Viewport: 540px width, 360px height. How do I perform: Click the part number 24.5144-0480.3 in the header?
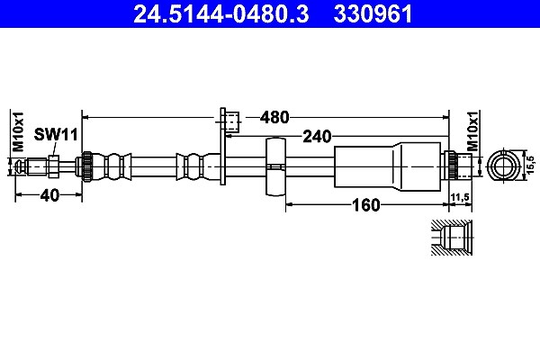(220, 14)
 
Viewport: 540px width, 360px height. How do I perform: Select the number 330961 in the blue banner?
(373, 14)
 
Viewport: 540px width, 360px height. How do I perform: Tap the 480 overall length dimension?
(274, 118)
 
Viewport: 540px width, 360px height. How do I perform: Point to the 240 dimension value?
(317, 137)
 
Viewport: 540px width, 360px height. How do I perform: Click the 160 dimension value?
(365, 205)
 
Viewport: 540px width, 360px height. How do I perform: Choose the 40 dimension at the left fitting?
(49, 195)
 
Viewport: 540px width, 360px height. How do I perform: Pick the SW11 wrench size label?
(56, 135)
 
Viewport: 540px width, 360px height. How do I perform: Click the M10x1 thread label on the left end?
(18, 131)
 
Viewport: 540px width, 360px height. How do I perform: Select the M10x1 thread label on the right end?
(472, 131)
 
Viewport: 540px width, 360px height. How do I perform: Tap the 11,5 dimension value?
(460, 197)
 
